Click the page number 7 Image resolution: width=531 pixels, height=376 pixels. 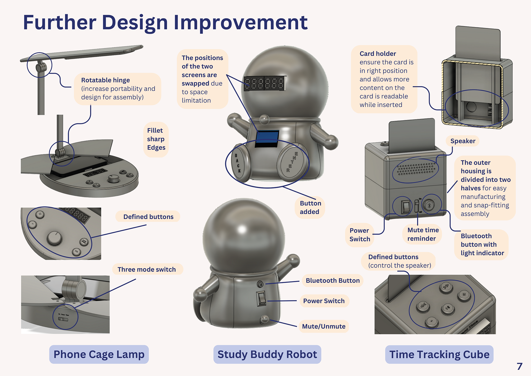point(519,366)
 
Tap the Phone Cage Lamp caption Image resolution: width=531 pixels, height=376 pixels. point(99,354)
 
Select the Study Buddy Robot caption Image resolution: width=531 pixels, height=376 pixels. point(267,354)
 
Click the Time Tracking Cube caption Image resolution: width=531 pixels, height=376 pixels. point(439,354)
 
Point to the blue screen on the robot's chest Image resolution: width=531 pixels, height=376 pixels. point(267,138)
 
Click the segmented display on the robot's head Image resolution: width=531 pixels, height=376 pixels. point(264,83)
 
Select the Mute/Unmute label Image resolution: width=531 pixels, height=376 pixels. point(324,326)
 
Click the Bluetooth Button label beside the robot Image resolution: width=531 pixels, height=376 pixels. point(332,280)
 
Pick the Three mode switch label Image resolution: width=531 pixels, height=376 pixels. point(147,269)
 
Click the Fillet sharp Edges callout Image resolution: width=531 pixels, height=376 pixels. point(156,139)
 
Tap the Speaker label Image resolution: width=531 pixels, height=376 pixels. point(463,141)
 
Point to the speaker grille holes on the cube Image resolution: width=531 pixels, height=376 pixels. point(416,168)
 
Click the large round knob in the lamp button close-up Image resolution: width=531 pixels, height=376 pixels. point(54,238)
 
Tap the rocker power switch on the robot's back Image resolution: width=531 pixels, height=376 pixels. point(261,298)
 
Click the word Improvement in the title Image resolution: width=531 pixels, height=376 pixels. point(240,23)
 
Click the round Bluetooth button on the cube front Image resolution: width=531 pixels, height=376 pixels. point(429,205)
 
